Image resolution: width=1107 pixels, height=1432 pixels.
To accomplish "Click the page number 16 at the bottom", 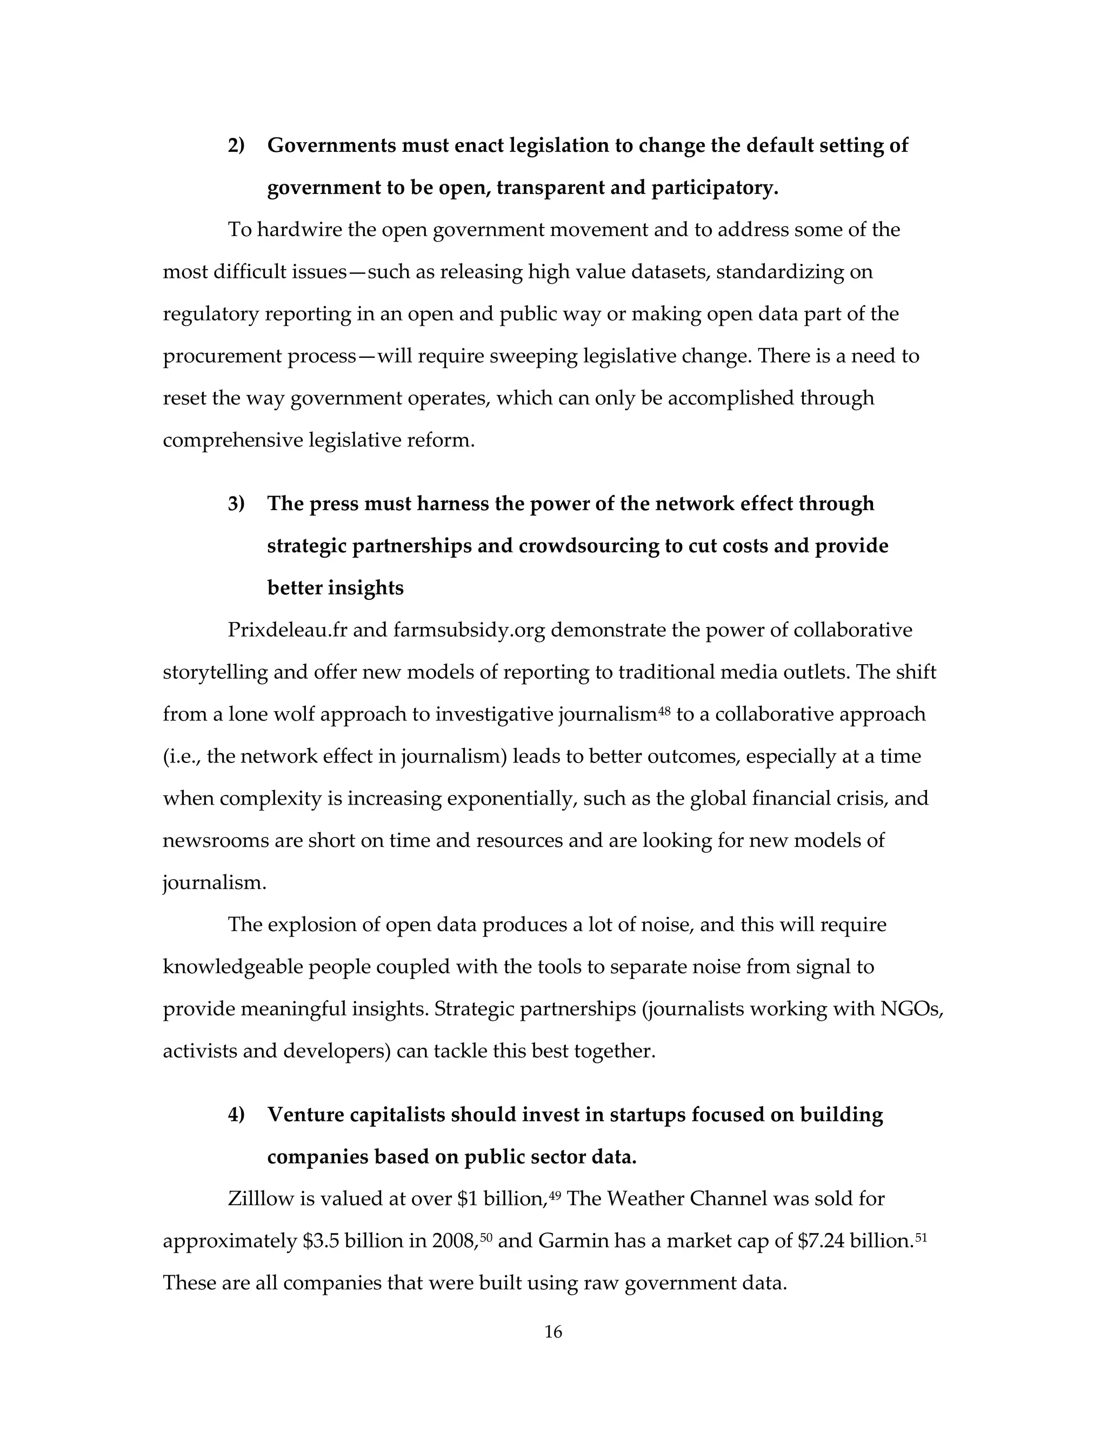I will pyautogui.click(x=553, y=1331).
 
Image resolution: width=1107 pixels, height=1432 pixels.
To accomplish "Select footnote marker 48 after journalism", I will pyautogui.click(x=664, y=710).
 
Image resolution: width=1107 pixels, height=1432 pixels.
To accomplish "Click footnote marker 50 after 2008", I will pyautogui.click(x=486, y=1238).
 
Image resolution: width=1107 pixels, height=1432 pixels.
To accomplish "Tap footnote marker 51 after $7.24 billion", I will pyautogui.click(x=920, y=1238).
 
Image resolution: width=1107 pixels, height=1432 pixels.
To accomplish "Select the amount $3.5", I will pyautogui.click(x=321, y=1241).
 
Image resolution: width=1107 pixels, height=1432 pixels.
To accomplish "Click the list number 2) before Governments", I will pyautogui.click(x=236, y=145).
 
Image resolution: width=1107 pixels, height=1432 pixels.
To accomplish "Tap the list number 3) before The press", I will pyautogui.click(x=236, y=504).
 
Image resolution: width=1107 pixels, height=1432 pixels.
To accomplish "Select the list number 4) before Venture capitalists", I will pyautogui.click(x=236, y=1115).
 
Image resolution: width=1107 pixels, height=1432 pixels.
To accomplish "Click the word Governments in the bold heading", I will pyautogui.click(x=331, y=145).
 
